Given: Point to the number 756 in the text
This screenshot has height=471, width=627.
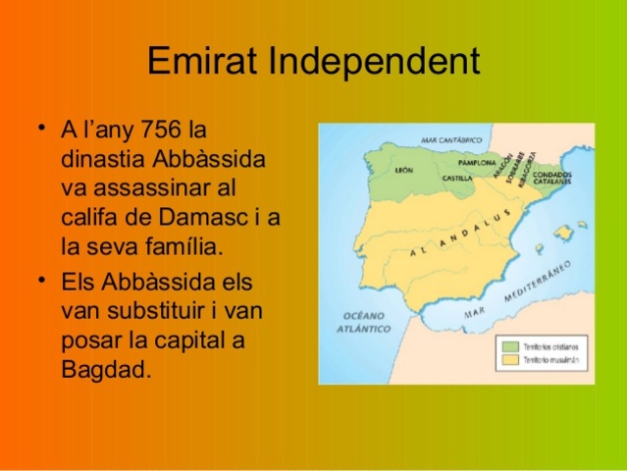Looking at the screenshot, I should point(162,131).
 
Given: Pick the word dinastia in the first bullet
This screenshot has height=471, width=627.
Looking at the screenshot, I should point(104,159).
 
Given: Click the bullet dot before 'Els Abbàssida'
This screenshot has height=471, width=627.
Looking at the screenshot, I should point(40,281).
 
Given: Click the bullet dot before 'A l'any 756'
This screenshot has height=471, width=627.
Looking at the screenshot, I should point(40,129).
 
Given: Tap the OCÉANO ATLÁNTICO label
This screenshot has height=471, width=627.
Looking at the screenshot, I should point(367,321).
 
